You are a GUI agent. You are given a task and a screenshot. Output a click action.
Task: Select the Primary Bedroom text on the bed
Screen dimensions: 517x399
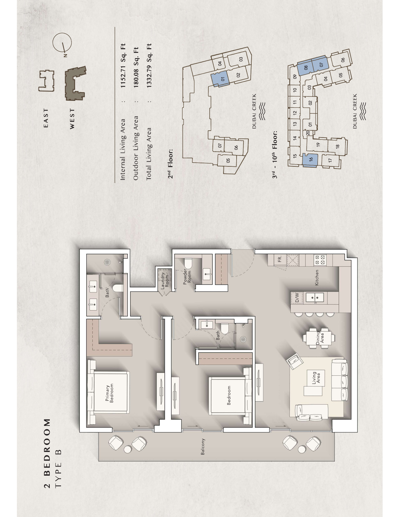pos(109,393)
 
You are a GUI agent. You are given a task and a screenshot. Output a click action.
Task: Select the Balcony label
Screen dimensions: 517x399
pos(203,446)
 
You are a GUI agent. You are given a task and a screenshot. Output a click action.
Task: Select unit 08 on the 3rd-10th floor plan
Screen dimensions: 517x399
pos(305,67)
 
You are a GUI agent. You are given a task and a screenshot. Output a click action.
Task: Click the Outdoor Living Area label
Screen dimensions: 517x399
pos(136,148)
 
